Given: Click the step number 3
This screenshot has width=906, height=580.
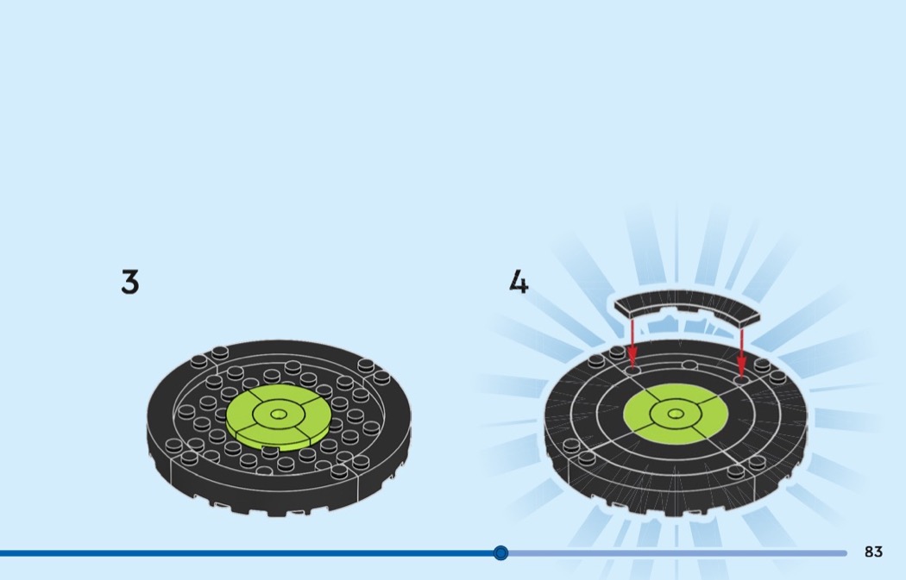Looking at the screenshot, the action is [130, 282].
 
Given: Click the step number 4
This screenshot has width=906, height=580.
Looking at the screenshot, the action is [519, 282].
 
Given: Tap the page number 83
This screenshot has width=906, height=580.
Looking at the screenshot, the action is [873, 552].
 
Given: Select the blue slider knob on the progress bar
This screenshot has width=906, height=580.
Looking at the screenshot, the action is [501, 553].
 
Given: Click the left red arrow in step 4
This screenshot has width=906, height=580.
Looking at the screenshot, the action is [632, 342].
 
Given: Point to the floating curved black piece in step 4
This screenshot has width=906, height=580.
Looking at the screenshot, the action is [687, 307].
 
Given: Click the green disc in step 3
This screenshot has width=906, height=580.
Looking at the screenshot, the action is [279, 416].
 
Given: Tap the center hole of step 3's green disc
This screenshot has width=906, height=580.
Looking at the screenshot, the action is [279, 414].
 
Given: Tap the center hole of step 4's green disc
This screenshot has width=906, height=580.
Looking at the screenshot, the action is [675, 413].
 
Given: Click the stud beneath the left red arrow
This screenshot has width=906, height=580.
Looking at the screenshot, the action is [633, 369].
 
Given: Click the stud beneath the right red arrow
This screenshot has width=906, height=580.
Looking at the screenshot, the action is [742, 379].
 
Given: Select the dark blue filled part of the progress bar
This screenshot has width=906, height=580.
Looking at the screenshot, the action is [248, 553].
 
